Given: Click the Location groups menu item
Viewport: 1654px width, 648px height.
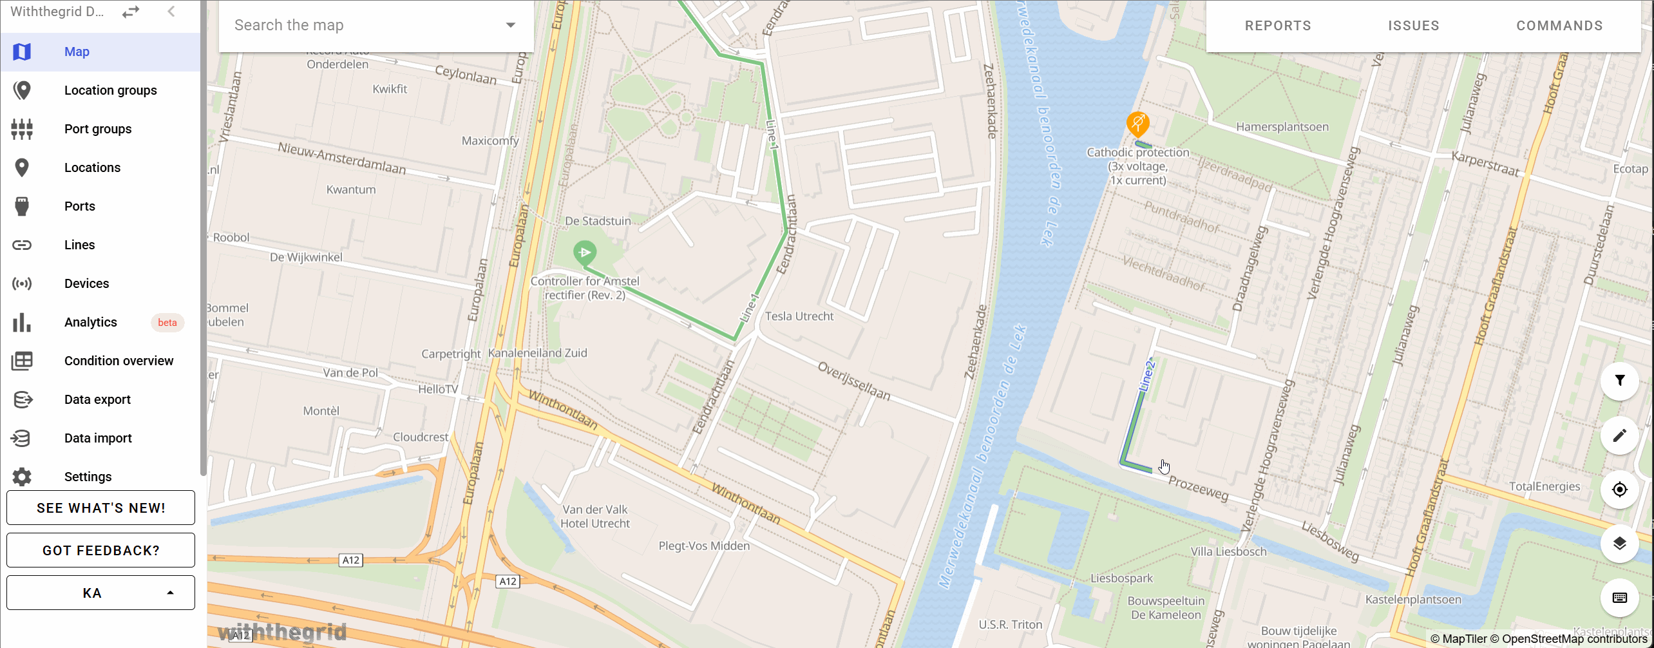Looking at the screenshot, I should pos(110,90).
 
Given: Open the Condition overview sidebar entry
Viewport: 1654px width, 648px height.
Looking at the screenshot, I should pos(119,361).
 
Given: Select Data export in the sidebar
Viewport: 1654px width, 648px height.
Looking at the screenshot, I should pos(97,399).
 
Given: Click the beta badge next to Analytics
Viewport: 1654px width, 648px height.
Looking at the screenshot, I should pos(167,323).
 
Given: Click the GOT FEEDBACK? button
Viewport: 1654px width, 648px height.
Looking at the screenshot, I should pos(100,550).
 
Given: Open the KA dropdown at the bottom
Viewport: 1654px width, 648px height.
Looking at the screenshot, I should pos(100,593).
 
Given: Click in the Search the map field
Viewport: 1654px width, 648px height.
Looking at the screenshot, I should pos(367,25).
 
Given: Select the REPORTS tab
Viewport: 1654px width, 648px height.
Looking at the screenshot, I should pos(1278,26).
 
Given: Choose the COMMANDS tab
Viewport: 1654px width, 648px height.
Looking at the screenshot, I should pos(1559,26).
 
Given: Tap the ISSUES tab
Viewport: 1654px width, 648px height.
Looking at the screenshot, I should pos(1414,26).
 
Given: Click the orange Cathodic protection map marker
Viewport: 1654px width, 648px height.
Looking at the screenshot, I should pos(1137,122).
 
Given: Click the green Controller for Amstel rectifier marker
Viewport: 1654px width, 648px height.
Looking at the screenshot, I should pos(585,252).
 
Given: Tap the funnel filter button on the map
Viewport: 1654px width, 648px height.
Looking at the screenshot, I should pos(1619,381).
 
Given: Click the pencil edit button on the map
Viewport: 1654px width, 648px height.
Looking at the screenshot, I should pos(1619,435).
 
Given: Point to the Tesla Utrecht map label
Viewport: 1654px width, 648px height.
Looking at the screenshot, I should pos(799,316).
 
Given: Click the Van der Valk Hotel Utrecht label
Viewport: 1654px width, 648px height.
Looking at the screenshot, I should pos(594,517).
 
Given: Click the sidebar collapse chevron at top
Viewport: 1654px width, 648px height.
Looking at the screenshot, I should pos(171,12).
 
